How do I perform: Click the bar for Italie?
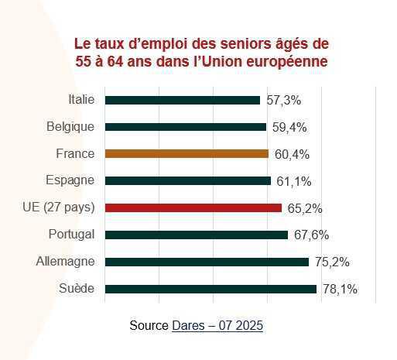tap(182, 100)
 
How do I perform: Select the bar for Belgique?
tap(185, 127)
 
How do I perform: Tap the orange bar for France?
tap(187, 154)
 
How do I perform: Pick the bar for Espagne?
tap(187, 180)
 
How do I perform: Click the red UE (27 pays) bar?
tap(193, 207)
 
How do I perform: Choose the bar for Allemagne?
tap(207, 262)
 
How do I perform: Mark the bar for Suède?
tap(210, 289)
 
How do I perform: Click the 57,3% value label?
tap(283, 100)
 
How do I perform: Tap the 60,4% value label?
tap(292, 154)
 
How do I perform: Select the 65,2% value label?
tap(305, 208)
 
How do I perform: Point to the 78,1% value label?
tap(339, 290)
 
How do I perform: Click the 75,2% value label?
tap(332, 262)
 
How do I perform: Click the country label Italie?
tap(81, 99)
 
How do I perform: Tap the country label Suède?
tap(77, 289)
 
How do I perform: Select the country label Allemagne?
tap(66, 262)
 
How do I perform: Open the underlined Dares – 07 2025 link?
tap(217, 326)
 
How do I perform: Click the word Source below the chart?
tap(149, 326)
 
